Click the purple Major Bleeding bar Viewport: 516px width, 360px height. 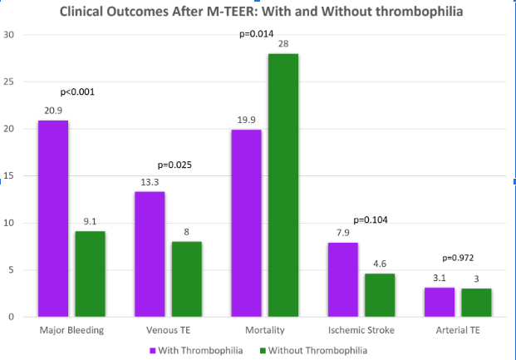click(53, 219)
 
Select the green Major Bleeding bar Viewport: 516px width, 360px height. click(90, 274)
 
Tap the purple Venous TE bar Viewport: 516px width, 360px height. click(150, 254)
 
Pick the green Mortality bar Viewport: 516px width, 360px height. click(283, 185)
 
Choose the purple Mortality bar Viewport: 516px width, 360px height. click(246, 223)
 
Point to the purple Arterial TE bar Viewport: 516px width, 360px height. click(439, 302)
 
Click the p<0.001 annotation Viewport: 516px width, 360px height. click(77, 91)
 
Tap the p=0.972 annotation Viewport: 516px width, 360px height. click(458, 259)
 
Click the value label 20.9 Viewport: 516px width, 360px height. click(53, 110)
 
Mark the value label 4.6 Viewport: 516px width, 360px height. click(379, 264)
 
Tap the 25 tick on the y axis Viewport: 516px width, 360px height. click(9, 81)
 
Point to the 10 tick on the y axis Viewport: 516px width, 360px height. click(9, 223)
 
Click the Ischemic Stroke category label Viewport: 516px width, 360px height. click(360, 330)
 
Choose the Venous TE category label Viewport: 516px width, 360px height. click(168, 330)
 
